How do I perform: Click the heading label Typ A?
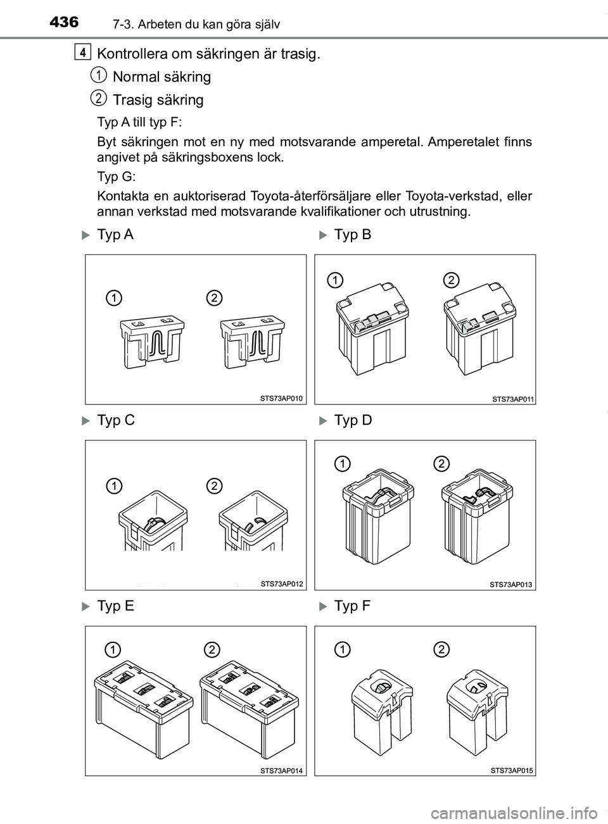coord(116,235)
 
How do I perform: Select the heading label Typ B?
coord(352,235)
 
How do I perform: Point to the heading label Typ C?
coord(116,420)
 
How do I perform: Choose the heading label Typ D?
coord(352,420)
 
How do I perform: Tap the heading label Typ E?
coord(116,606)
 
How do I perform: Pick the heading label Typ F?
coord(352,606)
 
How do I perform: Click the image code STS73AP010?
coord(282,398)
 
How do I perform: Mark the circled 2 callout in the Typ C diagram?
coord(214,485)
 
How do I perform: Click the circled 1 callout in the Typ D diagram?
coord(343,464)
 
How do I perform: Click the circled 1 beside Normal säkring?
coord(98,75)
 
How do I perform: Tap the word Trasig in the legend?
coord(131,100)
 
